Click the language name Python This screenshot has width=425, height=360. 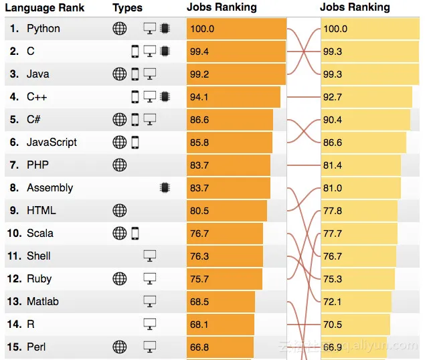[x=43, y=29]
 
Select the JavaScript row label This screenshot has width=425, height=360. [x=52, y=143]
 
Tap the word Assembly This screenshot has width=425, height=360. [x=50, y=188]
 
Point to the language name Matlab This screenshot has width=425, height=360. [x=42, y=302]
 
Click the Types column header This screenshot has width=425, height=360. [x=127, y=8]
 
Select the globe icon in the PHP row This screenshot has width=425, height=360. [x=119, y=165]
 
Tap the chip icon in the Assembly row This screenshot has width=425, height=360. [x=165, y=188]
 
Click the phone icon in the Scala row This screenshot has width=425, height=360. [x=135, y=234]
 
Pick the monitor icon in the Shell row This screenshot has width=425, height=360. [x=150, y=256]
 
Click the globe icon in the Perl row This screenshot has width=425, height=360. [x=119, y=347]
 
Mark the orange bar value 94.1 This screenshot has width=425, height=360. [x=199, y=97]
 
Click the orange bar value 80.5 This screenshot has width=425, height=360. [x=199, y=211]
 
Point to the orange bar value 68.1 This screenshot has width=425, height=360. [x=199, y=325]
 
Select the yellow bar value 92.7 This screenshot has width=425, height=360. [x=333, y=97]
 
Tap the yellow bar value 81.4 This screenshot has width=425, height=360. [x=333, y=165]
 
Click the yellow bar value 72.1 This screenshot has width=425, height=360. [x=333, y=302]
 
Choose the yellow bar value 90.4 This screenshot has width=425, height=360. [x=333, y=120]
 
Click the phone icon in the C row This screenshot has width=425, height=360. [x=135, y=52]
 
